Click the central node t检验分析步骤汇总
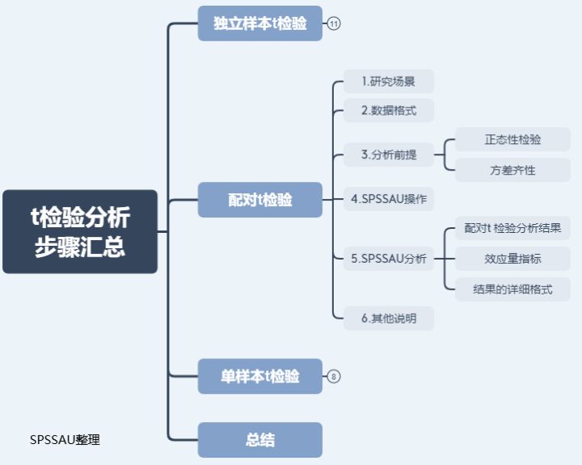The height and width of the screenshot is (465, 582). point(79,231)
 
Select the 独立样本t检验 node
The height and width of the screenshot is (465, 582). point(259,23)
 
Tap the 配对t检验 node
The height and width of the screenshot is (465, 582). point(259,200)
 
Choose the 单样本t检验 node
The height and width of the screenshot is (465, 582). point(259,376)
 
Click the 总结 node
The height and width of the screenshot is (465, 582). point(259,441)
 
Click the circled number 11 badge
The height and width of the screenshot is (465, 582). point(334,24)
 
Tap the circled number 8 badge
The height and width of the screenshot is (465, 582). point(334,376)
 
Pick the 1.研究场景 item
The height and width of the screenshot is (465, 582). point(388,81)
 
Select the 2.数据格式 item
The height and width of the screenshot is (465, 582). point(388,110)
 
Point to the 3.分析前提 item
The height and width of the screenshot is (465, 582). point(389,154)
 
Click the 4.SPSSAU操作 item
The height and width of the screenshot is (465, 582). point(389,198)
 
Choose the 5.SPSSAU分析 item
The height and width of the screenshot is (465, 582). point(389,259)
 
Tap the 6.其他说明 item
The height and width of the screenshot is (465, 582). point(389,318)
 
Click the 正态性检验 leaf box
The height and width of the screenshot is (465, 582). point(512,139)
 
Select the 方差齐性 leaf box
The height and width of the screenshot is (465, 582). point(512,170)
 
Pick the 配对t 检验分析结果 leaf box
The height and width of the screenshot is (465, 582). point(512,228)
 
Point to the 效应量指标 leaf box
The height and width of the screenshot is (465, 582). point(512,259)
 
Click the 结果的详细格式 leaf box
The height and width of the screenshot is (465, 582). point(512,289)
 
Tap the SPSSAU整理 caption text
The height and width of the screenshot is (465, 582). point(65,440)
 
